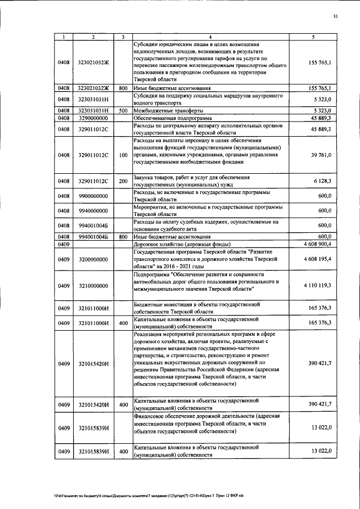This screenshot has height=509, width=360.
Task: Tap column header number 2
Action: pyautogui.click(x=93, y=37)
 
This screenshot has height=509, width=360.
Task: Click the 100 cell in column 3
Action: pyautogui.click(x=123, y=154)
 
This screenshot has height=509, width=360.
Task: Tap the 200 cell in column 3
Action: pyautogui.click(x=123, y=182)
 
